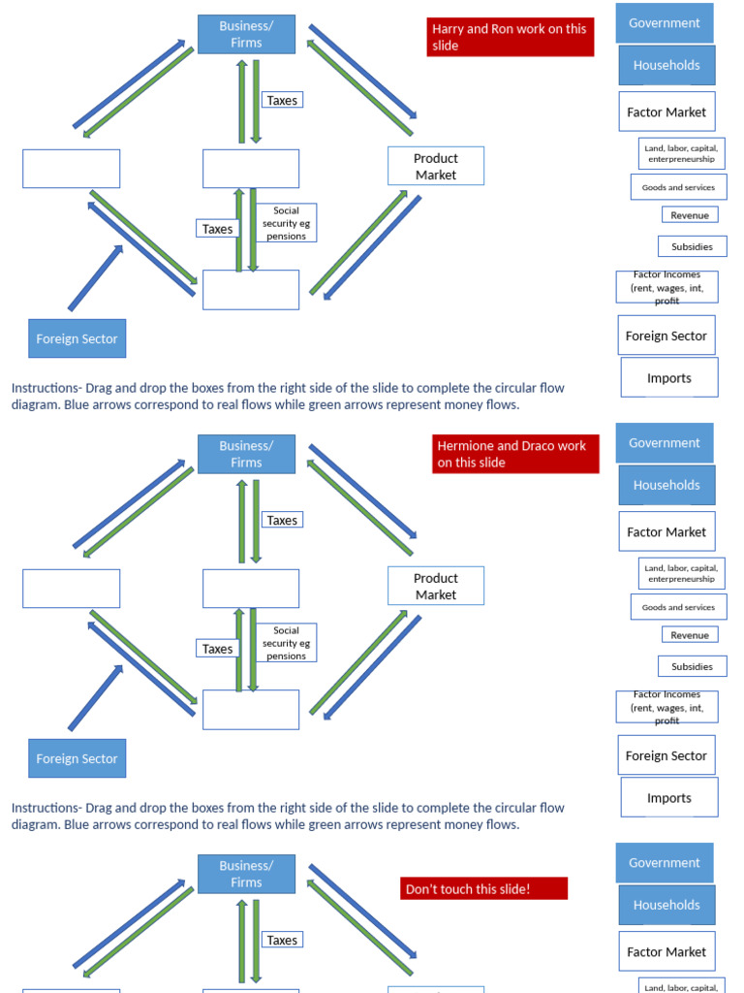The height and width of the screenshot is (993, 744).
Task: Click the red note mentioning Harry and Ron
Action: pos(510,37)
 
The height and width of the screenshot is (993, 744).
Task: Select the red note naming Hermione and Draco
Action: pos(515,454)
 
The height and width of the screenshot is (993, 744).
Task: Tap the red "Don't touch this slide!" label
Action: pos(483,888)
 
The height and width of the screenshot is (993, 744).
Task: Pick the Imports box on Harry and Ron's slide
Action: pos(669,378)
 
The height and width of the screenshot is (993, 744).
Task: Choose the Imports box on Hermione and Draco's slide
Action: pos(669,798)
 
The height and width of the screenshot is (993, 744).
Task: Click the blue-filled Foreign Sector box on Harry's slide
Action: pos(77,338)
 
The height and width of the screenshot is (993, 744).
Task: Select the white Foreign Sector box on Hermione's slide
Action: pos(666,755)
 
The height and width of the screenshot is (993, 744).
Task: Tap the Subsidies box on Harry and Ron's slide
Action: pos(692,246)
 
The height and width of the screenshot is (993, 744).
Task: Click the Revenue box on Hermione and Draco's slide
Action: pos(690,635)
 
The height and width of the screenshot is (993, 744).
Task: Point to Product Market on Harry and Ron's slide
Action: pos(435,166)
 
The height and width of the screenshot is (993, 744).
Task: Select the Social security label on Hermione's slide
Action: pos(286,643)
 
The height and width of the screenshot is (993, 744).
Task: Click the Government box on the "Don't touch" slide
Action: pos(665,862)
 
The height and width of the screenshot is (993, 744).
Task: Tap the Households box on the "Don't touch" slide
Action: pos(666,905)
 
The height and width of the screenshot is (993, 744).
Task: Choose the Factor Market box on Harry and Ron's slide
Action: pos(666,112)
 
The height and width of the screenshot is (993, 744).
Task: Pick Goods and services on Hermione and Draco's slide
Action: pos(678,607)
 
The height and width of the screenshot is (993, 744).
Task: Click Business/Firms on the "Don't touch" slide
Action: pos(246,874)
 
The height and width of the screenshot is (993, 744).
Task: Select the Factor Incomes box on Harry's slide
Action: pos(666,287)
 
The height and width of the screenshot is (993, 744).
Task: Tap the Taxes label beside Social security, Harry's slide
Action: pos(217,229)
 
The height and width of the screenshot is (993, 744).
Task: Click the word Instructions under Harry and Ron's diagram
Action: pos(45,388)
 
